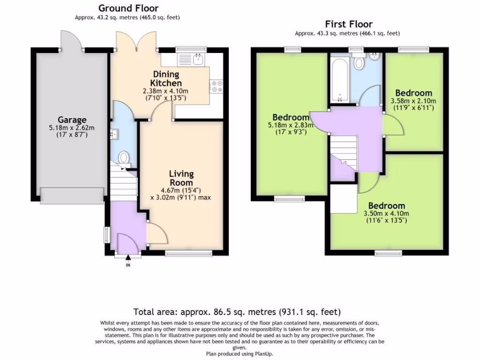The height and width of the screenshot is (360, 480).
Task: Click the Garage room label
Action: [72, 120]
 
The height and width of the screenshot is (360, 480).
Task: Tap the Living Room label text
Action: [181, 178]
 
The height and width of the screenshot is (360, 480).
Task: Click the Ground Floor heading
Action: [128, 8]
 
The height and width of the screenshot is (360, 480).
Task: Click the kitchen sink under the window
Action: [199, 59]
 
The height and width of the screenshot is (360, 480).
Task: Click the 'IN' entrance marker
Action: [128, 265]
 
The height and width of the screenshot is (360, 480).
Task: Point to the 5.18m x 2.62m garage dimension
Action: [72, 128]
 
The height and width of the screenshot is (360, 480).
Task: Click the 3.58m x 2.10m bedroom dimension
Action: [413, 101]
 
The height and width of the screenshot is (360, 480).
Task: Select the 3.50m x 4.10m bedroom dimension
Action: [386, 214]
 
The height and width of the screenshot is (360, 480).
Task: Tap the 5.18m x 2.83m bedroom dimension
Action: [291, 125]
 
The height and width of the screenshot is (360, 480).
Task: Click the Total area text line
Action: [237, 312]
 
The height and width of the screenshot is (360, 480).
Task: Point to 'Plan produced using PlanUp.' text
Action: [239, 354]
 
